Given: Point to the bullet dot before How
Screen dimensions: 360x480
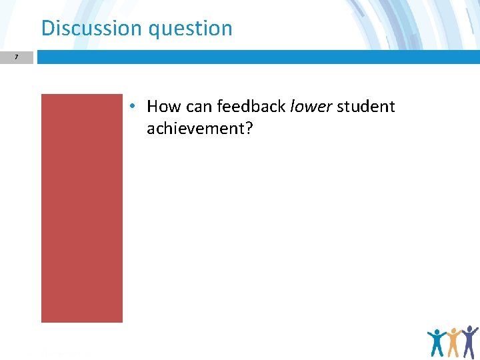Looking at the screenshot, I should (x=133, y=107).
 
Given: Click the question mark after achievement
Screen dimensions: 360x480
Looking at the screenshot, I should (x=249, y=128).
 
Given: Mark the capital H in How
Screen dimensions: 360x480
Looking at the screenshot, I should (x=153, y=107).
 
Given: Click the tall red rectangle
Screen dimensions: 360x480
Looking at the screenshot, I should (x=82, y=208).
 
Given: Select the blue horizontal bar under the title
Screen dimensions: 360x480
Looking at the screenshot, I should (x=258, y=58).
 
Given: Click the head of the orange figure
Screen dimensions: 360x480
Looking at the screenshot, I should (x=454, y=331).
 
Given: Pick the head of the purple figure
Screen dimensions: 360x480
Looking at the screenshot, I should (x=470, y=329).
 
